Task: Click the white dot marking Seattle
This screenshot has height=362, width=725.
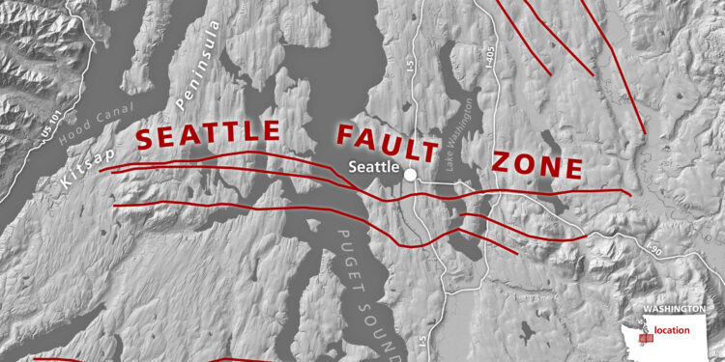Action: (410, 175)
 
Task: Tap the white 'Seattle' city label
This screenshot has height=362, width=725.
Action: (372, 166)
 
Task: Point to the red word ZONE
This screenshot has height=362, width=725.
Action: (537, 165)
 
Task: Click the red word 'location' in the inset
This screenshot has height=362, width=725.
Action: (671, 330)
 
